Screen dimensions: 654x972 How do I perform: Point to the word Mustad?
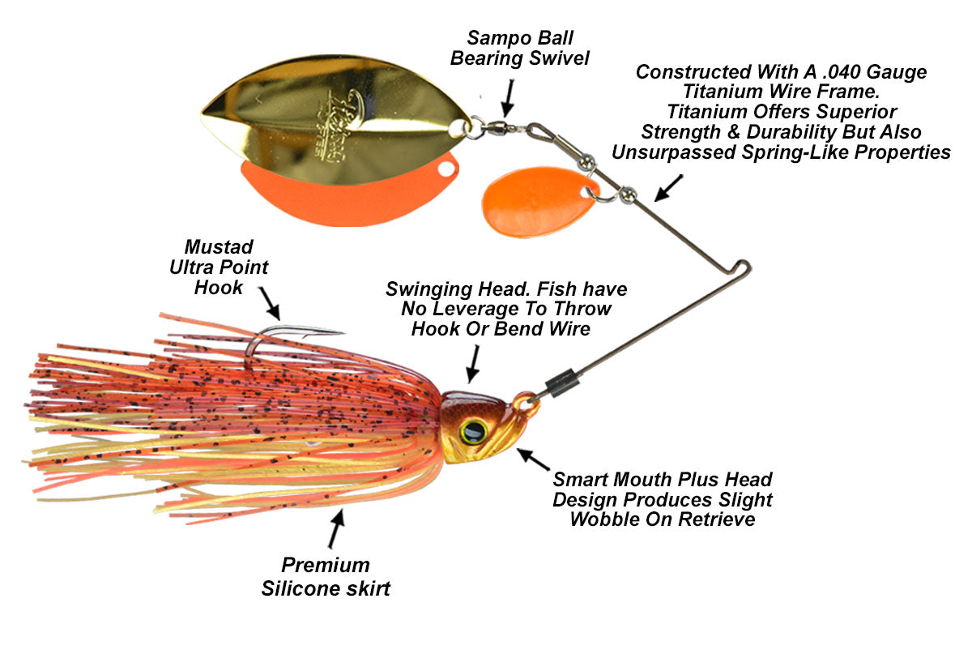(x=218, y=246)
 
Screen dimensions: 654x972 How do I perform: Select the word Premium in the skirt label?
(x=325, y=565)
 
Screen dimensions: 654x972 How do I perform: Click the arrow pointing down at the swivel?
(x=507, y=98)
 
